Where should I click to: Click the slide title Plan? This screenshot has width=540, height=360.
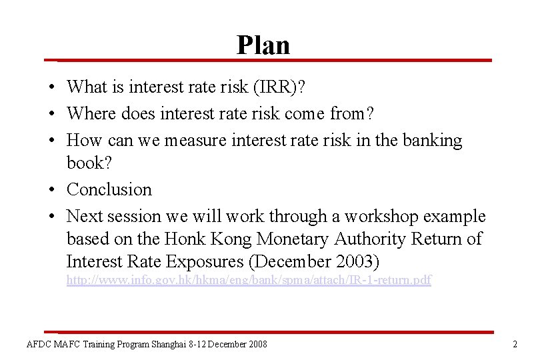click(x=263, y=45)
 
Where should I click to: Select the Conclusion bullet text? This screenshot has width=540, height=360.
click(x=109, y=189)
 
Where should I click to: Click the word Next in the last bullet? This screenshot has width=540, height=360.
click(x=86, y=217)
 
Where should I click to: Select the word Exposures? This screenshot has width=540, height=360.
click(x=211, y=261)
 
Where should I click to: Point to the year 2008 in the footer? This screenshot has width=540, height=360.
click(x=257, y=344)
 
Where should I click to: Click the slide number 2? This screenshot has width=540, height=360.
click(x=515, y=344)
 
